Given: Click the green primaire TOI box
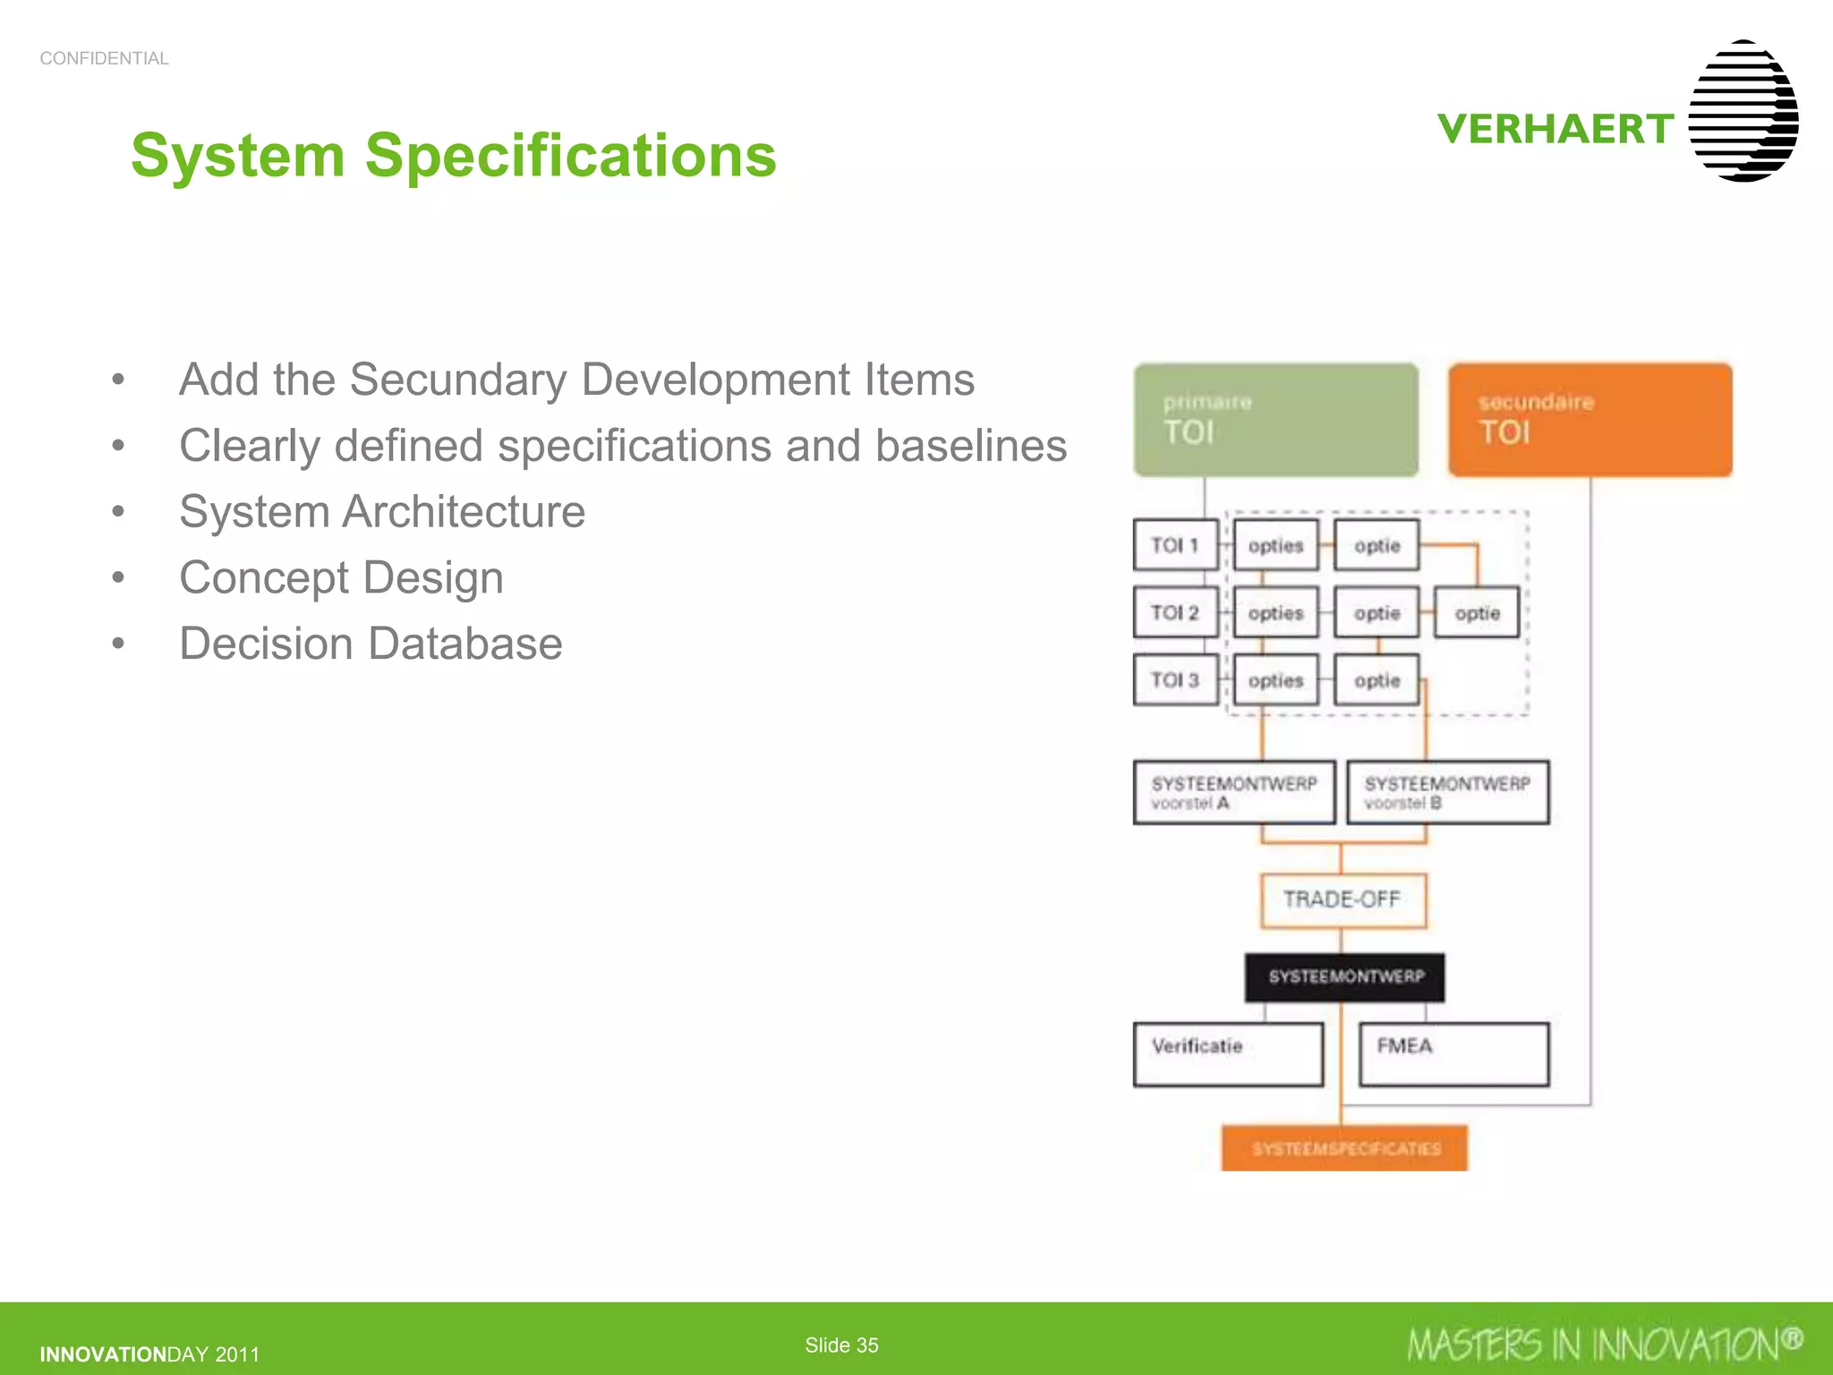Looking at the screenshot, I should coord(1275,419).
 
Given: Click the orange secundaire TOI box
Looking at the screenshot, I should coord(1590,419).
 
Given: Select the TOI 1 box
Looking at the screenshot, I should coord(1175,545).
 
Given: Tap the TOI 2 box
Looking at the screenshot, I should coord(1175,612).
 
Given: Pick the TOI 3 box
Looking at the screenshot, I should coord(1175,680).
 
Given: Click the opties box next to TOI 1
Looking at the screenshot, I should coord(1275,545).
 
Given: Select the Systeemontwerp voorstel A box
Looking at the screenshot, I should coord(1234,792).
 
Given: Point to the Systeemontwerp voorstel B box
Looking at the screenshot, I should coord(1447,792).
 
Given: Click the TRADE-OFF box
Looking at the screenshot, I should coord(1343,900).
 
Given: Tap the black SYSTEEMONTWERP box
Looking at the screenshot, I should coord(1344,977).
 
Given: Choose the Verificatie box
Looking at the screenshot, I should coord(1228,1054).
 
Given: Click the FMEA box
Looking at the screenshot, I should coord(1454,1054).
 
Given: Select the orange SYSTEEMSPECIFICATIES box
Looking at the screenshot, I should coord(1344,1148).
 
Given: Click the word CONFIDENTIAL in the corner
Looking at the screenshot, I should coord(104,58).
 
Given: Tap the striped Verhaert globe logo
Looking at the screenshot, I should coord(1743,111).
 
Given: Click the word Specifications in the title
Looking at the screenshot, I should coord(570,156).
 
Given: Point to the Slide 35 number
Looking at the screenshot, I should coord(841,1345).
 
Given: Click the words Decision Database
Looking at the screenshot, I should coord(371,644).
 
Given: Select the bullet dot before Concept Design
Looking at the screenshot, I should coord(118,577).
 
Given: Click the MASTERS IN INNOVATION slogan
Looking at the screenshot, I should coord(1602,1345).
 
